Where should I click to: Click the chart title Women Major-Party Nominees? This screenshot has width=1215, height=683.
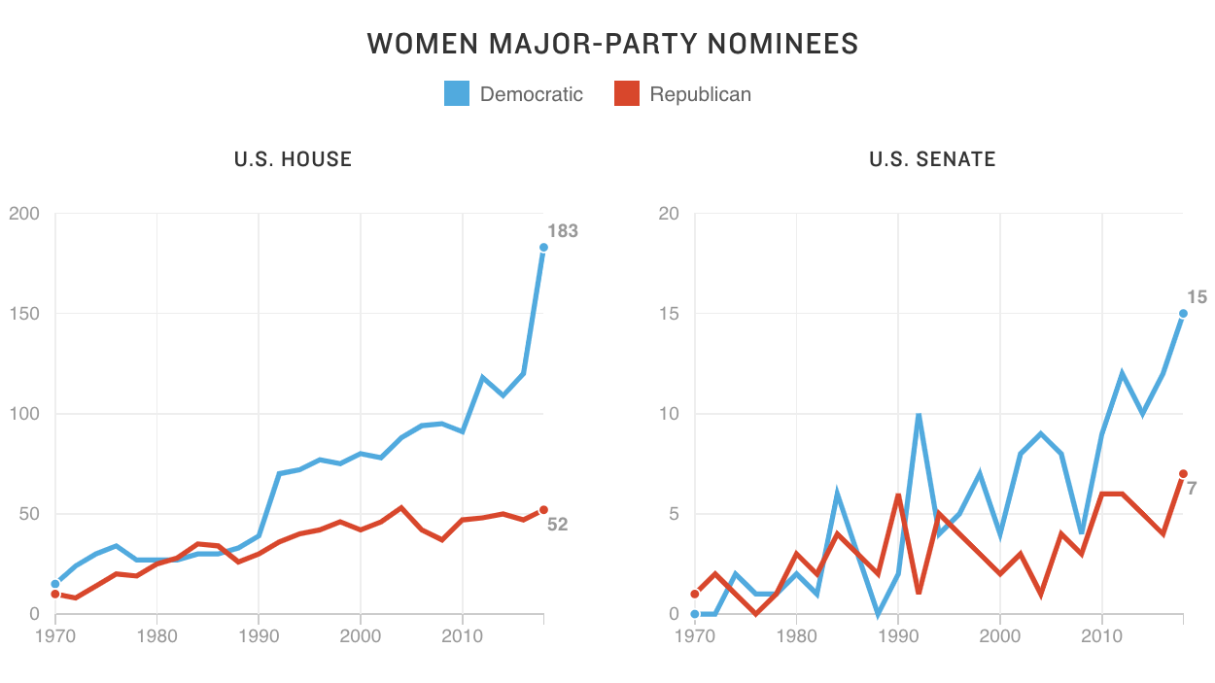[x=612, y=44]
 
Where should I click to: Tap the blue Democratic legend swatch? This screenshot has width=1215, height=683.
[x=457, y=93]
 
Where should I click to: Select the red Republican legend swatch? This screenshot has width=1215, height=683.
[x=627, y=93]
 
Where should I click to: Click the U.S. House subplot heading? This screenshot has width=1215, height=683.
[x=293, y=159]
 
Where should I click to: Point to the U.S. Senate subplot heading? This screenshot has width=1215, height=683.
[x=932, y=159]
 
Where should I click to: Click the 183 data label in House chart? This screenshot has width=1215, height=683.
[x=562, y=231]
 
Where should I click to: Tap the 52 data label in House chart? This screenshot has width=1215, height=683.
[x=557, y=525]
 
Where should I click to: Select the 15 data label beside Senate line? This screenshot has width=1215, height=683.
[x=1197, y=297]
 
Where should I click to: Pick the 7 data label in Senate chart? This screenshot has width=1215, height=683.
[x=1192, y=488]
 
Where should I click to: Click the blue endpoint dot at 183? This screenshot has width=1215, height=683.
[x=543, y=247]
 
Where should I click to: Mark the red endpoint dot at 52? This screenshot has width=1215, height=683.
[x=543, y=509]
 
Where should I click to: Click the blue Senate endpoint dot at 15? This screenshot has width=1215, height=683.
[x=1183, y=313]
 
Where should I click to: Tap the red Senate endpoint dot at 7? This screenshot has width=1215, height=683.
[x=1183, y=473]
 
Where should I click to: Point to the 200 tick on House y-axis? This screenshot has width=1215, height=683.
[x=24, y=214]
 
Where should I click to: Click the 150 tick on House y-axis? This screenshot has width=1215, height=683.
[x=24, y=314]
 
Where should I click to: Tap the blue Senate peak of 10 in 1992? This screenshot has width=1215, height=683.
[x=919, y=415]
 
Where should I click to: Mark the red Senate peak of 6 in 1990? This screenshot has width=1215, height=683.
[x=898, y=495]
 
